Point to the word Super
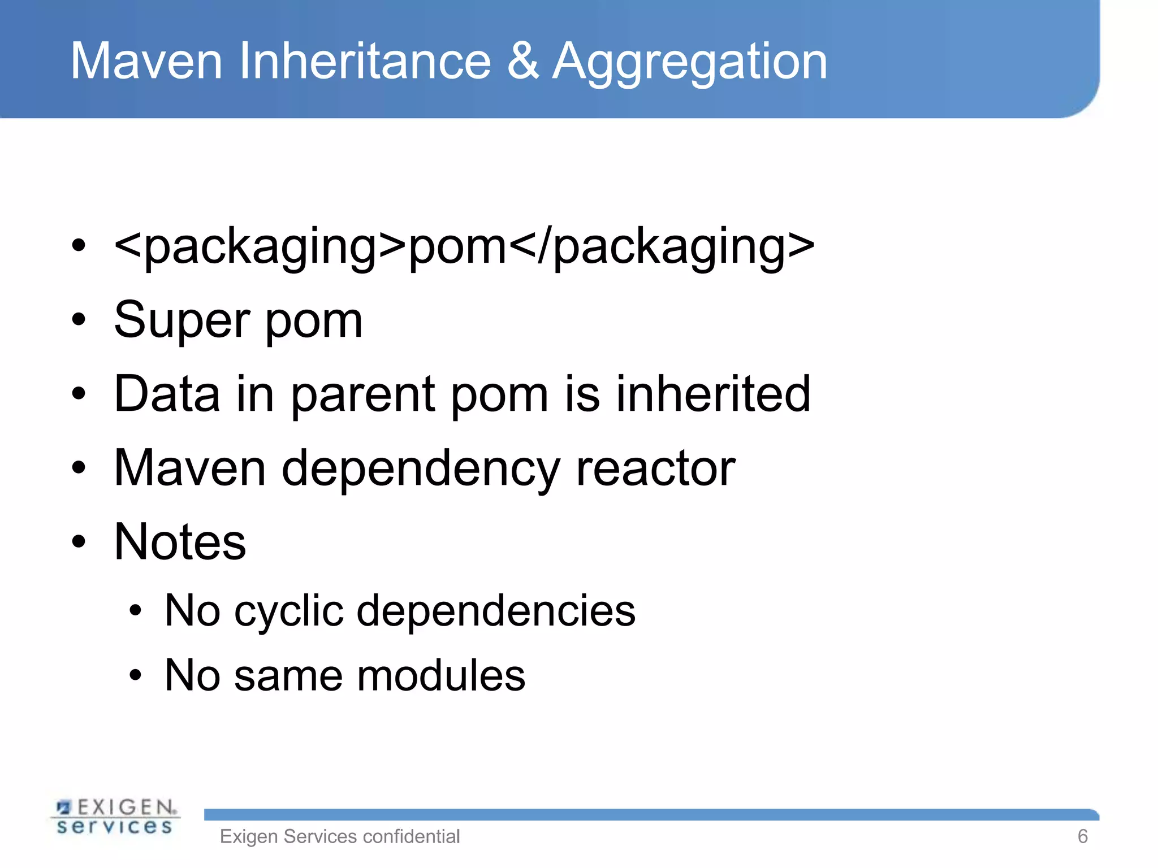point(182,321)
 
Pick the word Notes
point(180,541)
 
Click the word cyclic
point(288,611)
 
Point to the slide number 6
point(1082,836)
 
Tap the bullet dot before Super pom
point(79,319)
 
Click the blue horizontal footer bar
point(650,814)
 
